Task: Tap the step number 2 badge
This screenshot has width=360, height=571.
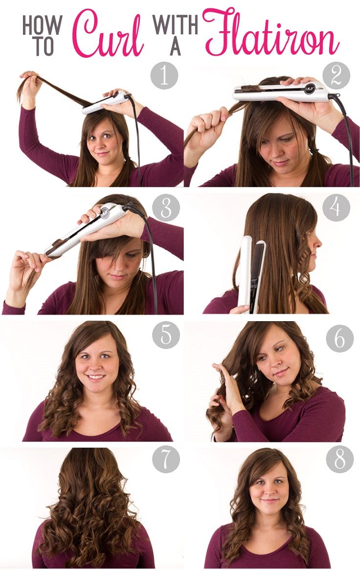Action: pyautogui.click(x=336, y=75)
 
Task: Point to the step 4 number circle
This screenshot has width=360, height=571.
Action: pyautogui.click(x=336, y=208)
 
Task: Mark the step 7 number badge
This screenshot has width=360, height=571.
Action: pyautogui.click(x=166, y=460)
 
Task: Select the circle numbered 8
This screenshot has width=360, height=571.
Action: pyautogui.click(x=339, y=460)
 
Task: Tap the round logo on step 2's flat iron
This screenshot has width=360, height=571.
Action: pyautogui.click(x=309, y=88)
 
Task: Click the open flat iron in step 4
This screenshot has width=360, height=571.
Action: pyautogui.click(x=251, y=274)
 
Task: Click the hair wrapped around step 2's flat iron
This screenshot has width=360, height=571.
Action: pyautogui.click(x=250, y=89)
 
